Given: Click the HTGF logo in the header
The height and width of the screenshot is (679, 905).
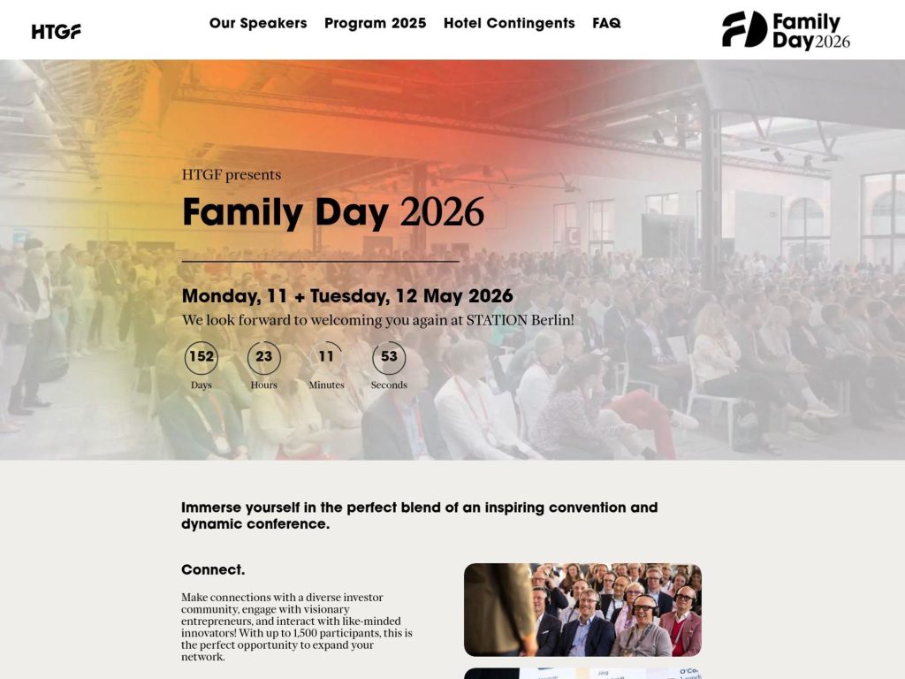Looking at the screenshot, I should (x=57, y=31).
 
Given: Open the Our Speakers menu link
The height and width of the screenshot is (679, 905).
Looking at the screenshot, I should (x=258, y=23).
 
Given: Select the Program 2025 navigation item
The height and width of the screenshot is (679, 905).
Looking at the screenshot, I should (x=375, y=23).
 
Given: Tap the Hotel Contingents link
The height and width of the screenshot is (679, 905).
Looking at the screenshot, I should (x=509, y=23).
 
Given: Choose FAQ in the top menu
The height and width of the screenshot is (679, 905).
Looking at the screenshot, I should (x=606, y=23).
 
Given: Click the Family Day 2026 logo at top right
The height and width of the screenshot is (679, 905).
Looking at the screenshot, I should (x=786, y=31).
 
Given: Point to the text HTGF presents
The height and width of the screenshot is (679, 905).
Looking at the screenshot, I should (x=232, y=175).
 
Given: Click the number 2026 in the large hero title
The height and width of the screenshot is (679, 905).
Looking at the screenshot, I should (x=442, y=212).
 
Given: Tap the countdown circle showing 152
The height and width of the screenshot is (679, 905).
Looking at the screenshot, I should (x=202, y=357).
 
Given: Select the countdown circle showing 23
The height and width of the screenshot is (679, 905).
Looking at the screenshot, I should (x=264, y=357).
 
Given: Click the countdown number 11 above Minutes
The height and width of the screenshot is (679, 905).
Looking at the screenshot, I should (x=327, y=357).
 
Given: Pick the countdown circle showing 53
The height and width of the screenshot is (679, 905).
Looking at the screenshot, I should (x=389, y=357).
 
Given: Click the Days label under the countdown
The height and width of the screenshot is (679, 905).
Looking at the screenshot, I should (x=202, y=385).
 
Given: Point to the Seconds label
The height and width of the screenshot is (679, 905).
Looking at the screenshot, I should (x=389, y=385).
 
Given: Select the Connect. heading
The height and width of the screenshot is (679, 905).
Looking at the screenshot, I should (x=213, y=569).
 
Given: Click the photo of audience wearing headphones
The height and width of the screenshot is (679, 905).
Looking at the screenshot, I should (x=582, y=609).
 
